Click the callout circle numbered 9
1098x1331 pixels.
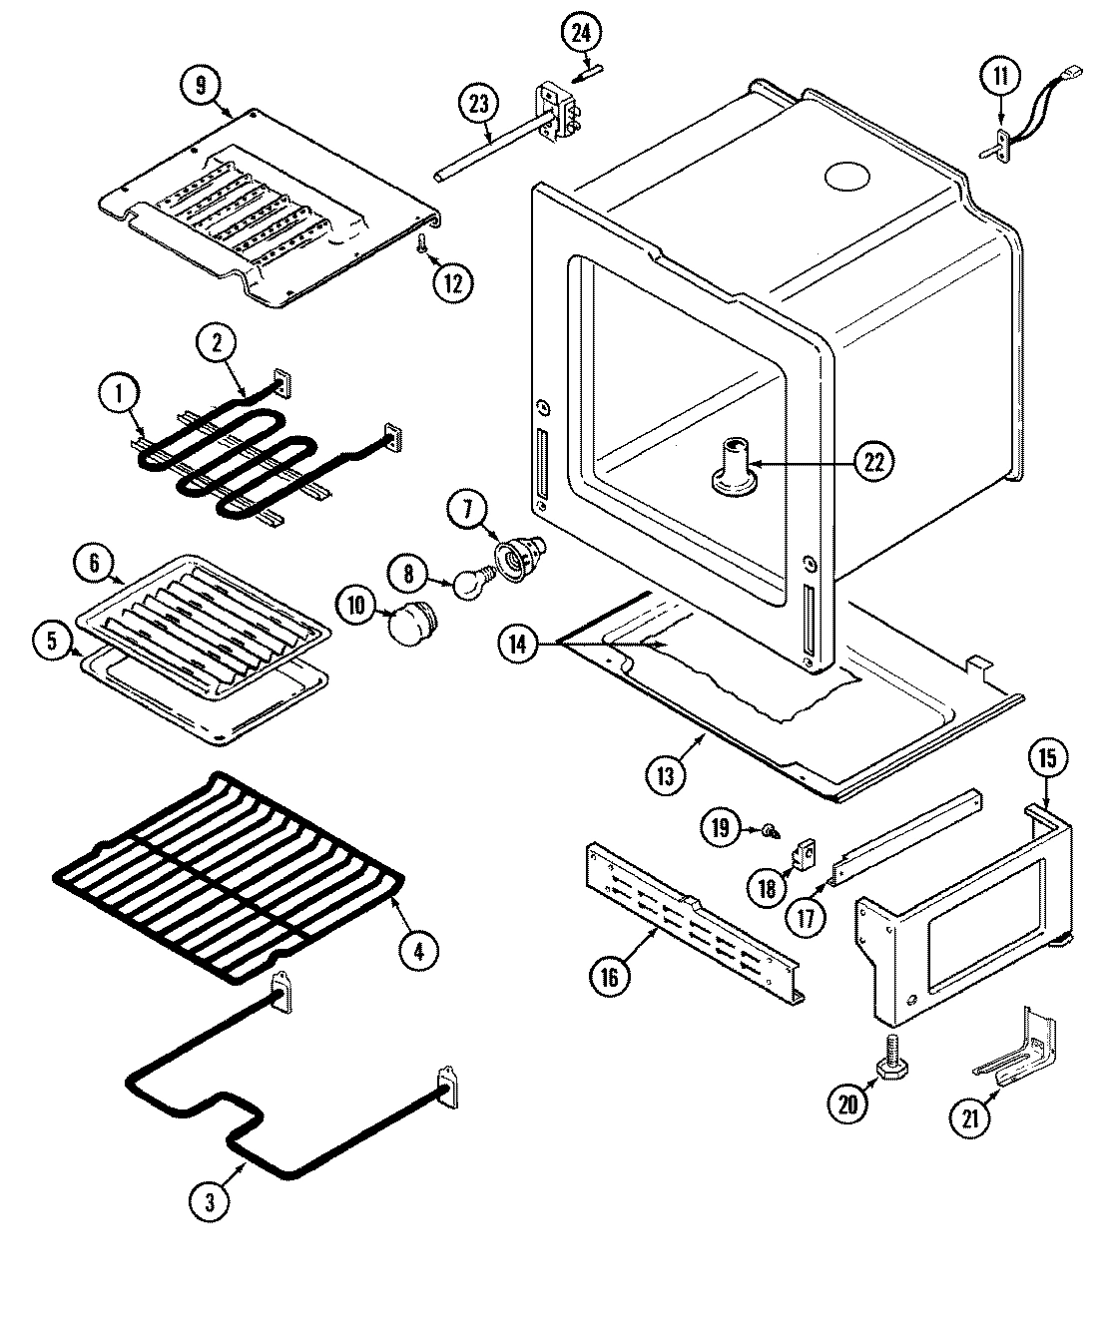point(201,85)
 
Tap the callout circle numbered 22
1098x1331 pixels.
point(873,461)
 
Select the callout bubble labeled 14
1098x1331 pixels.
point(517,646)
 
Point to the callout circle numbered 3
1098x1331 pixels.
point(209,1202)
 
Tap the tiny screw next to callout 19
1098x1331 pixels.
point(771,830)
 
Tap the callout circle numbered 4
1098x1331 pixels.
point(418,951)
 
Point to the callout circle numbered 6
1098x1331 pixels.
point(94,564)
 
